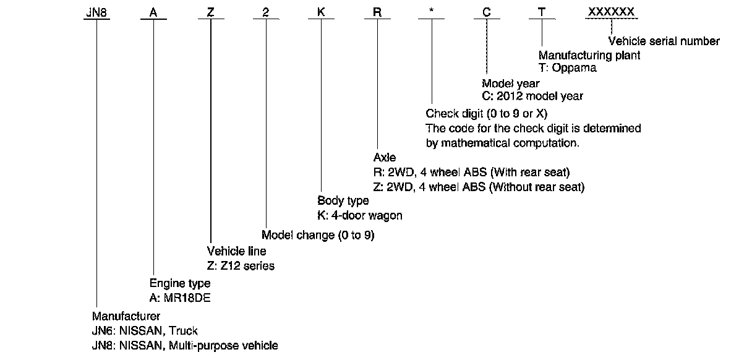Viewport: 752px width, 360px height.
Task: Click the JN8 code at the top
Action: [96, 12]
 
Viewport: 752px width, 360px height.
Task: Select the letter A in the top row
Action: [153, 12]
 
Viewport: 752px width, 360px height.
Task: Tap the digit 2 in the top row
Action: [265, 12]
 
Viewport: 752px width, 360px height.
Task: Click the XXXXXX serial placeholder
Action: [611, 12]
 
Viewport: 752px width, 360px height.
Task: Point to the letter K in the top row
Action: [321, 12]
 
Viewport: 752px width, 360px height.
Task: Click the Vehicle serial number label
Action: [664, 41]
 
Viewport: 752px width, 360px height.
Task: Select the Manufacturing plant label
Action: [589, 55]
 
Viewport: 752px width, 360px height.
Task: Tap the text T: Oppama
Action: [568, 68]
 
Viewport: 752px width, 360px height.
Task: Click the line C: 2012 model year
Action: [532, 96]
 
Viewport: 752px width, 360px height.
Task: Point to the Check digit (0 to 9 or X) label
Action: [487, 114]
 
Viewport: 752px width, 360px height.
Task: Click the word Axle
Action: [385, 158]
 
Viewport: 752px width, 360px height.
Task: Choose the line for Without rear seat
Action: [484, 186]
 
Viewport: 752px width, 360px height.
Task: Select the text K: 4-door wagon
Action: [359, 215]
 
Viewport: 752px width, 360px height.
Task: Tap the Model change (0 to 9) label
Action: [318, 235]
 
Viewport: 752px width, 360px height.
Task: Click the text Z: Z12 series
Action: [240, 266]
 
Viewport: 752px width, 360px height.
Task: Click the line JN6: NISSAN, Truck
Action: [145, 331]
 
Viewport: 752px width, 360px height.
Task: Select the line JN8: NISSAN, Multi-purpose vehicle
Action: [185, 345]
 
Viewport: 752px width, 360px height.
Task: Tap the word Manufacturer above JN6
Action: [126, 317]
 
